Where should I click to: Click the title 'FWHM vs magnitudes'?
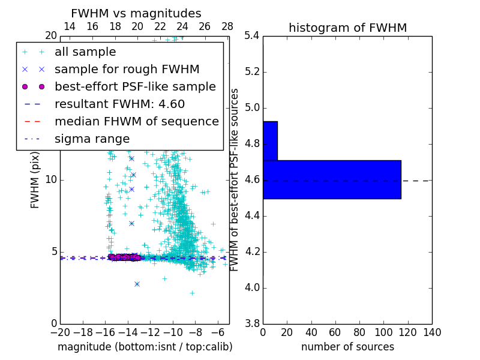(136, 14)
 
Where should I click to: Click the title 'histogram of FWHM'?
(347, 28)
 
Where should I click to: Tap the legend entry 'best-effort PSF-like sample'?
(135, 86)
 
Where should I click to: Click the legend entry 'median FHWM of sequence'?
(136, 121)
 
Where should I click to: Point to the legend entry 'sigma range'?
(92, 139)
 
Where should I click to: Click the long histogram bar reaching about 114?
(332, 179)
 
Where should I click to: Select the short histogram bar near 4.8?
(270, 141)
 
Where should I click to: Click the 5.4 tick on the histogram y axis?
(251, 36)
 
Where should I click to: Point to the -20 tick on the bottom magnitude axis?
(60, 332)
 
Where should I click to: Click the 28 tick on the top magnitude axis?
(227, 26)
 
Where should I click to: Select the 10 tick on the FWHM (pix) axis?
(51, 180)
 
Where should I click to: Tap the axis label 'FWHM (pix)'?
(35, 179)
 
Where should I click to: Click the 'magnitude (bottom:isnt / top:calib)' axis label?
(145, 347)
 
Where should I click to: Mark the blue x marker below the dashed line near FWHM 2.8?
(137, 284)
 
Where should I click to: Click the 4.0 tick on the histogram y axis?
(251, 287)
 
